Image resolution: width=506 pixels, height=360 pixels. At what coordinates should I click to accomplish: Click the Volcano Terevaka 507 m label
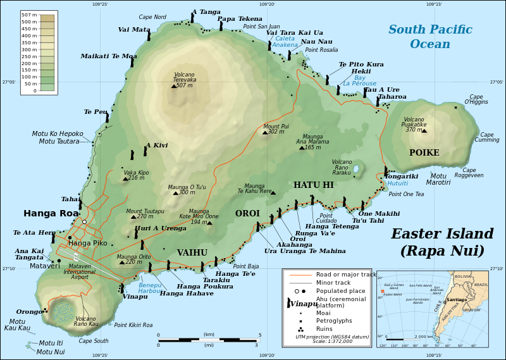pos(185,80)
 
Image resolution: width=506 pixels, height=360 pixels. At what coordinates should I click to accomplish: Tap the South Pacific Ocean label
pos(430,37)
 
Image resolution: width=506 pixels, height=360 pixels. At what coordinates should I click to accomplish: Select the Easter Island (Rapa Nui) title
pos(442,242)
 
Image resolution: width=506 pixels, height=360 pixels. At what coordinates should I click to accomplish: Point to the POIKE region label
pos(424,153)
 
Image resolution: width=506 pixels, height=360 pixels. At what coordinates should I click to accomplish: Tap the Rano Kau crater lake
pos(63,311)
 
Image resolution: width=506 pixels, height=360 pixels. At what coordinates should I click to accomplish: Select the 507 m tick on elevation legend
pos(29,15)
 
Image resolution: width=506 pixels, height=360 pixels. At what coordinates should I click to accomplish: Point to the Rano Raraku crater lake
pos(356,170)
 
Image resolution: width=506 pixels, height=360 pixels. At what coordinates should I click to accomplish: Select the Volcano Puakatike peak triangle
pos(424,130)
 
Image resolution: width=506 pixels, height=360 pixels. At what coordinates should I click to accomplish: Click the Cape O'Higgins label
pos(476,99)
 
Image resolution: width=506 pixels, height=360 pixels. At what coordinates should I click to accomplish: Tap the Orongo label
pos(29,312)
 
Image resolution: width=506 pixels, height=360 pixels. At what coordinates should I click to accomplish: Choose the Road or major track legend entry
pos(333,275)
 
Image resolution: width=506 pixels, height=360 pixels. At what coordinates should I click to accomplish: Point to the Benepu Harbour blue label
pos(150,289)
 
